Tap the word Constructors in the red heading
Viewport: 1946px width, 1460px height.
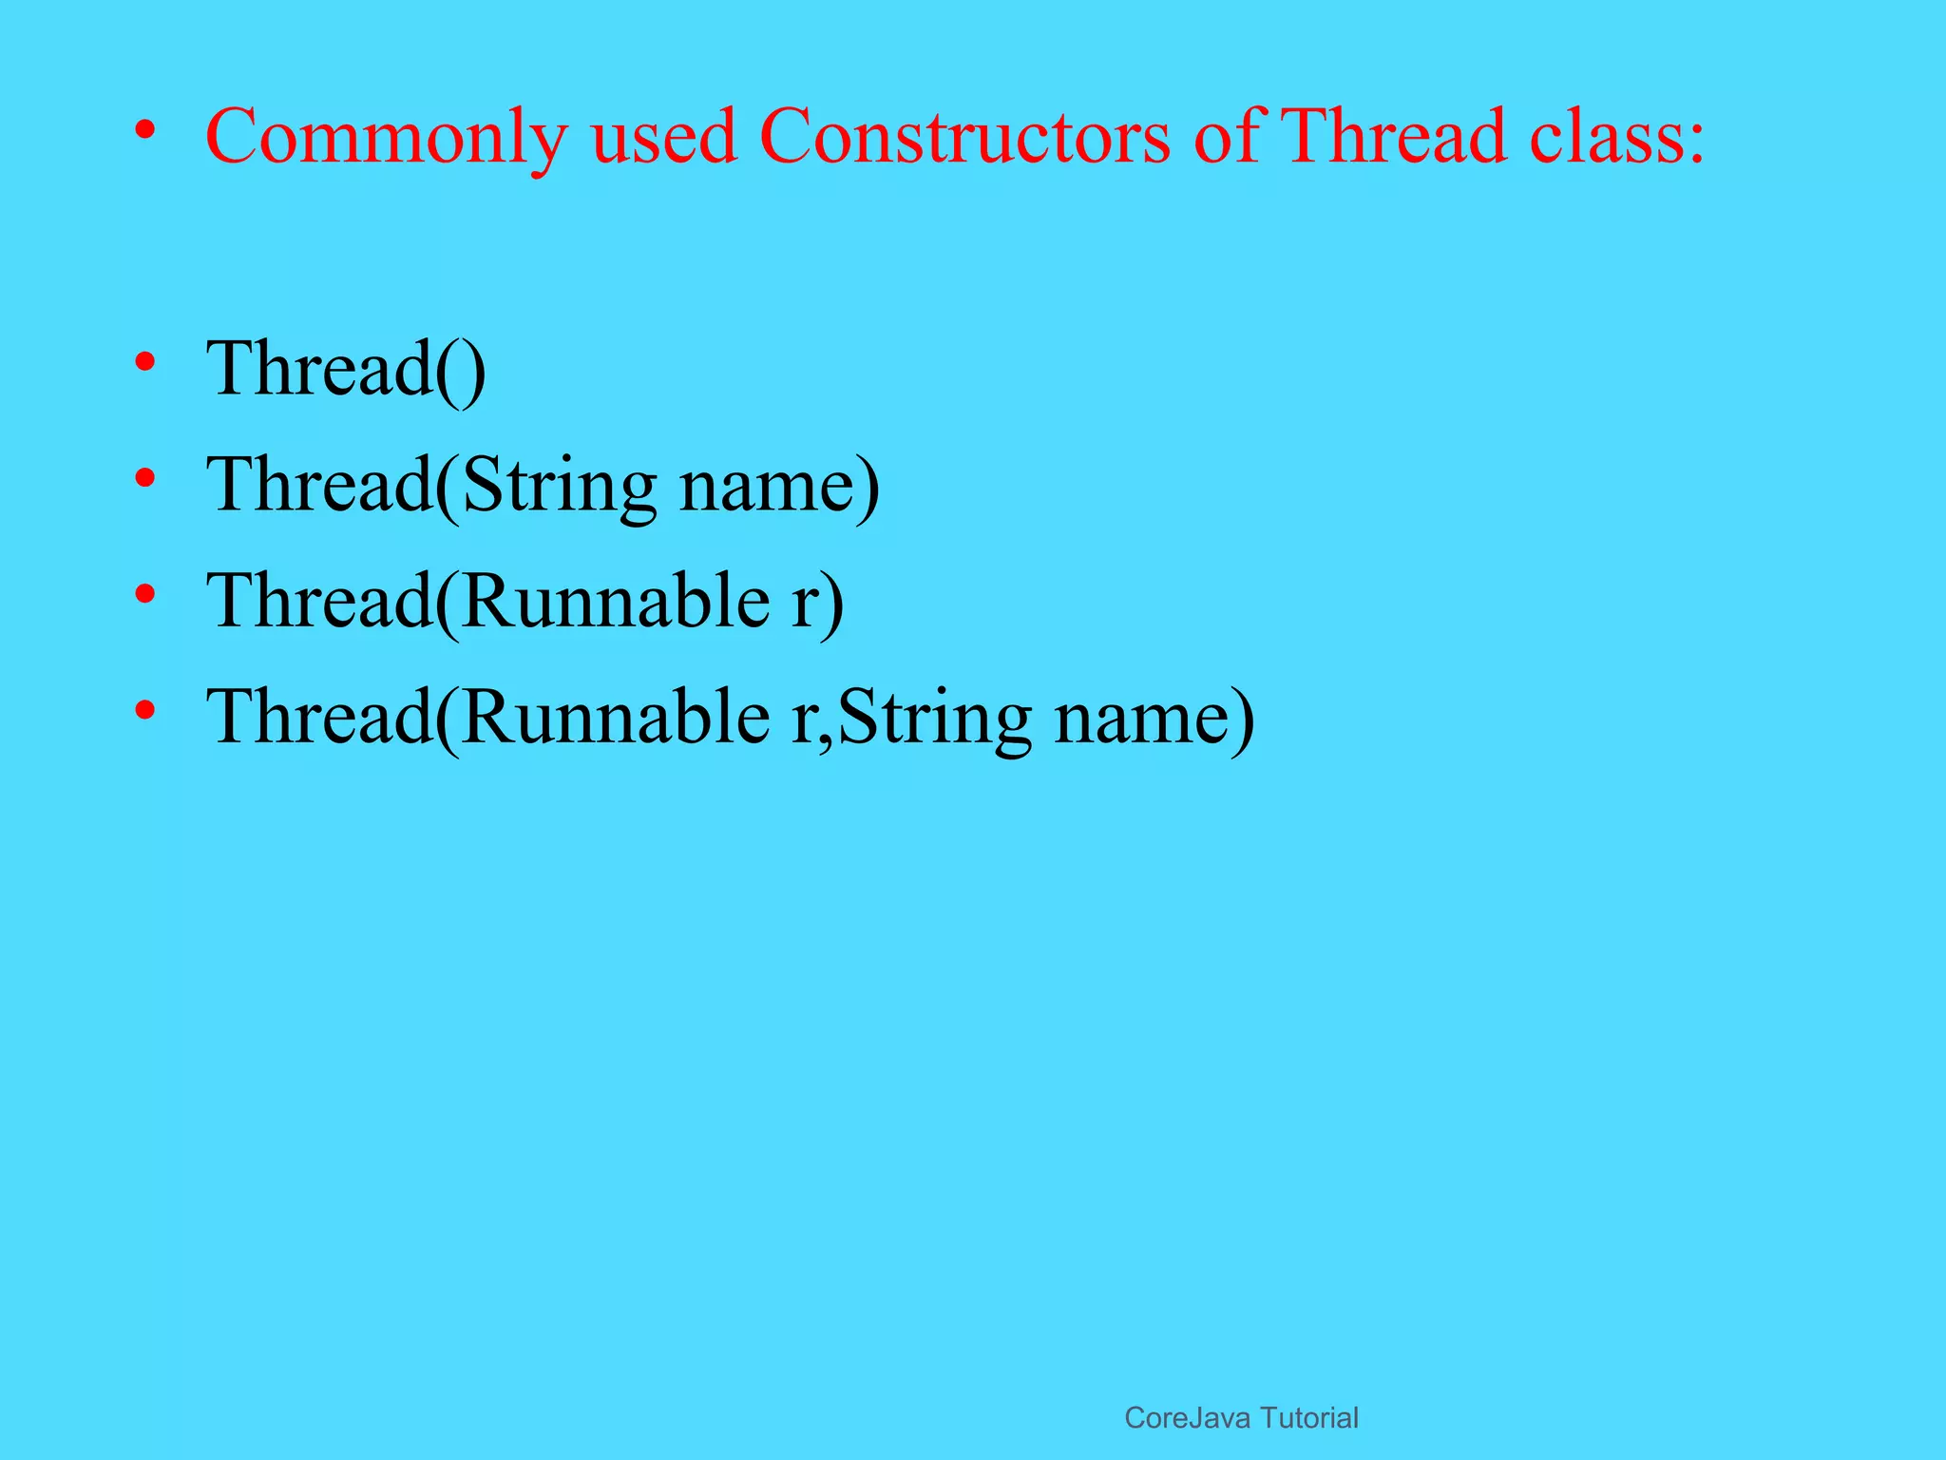[964, 137]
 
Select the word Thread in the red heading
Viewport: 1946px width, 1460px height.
[1393, 137]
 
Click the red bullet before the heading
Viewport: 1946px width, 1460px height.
[144, 130]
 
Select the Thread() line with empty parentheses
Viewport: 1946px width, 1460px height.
[346, 370]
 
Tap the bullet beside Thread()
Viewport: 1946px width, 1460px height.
[144, 362]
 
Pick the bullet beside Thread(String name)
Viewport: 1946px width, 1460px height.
[144, 478]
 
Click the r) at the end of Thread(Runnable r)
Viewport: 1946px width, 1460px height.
[817, 603]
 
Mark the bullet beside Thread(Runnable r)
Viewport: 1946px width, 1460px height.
[144, 595]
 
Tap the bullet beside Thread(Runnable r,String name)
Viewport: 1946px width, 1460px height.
[144, 711]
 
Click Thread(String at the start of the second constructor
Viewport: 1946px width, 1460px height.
[431, 486]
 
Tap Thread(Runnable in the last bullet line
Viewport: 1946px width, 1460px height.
[488, 719]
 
